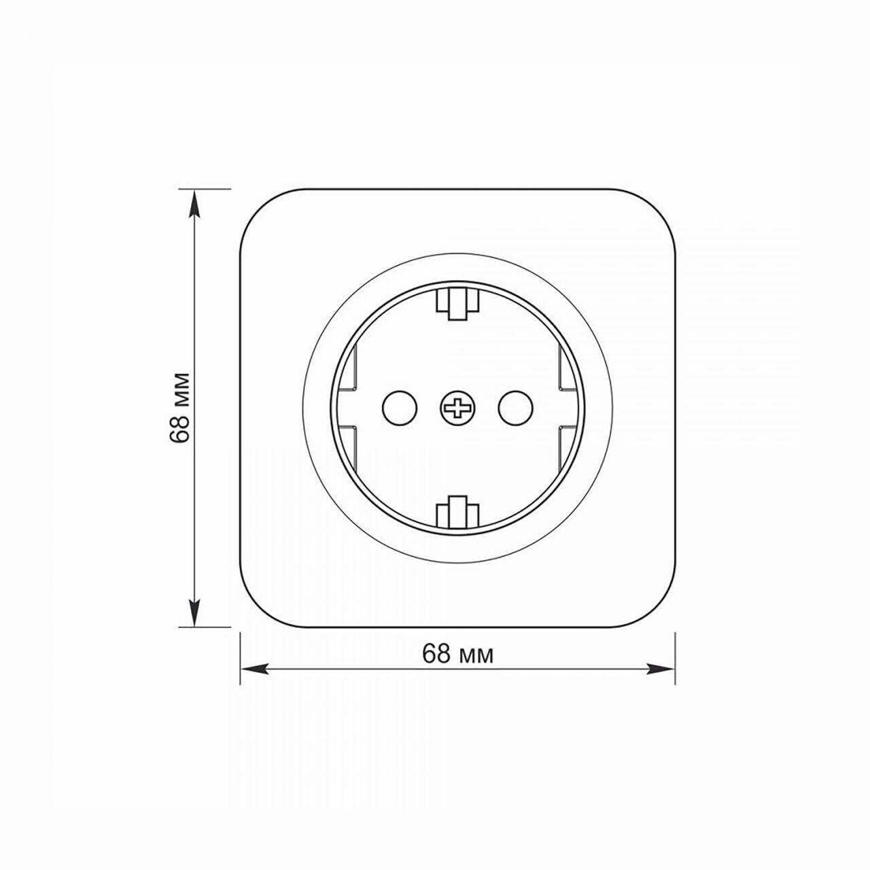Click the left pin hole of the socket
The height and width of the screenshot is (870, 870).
[399, 408]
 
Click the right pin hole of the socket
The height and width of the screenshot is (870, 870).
[516, 408]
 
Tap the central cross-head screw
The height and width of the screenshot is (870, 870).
[457, 408]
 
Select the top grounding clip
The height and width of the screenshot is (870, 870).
[457, 304]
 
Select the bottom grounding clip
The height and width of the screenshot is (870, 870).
[457, 512]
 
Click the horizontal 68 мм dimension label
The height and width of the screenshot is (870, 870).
[457, 653]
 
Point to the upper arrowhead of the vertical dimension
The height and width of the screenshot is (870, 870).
[194, 203]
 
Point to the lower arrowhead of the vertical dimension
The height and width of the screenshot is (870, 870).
[194, 612]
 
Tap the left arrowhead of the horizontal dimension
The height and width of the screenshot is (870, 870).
[254, 669]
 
